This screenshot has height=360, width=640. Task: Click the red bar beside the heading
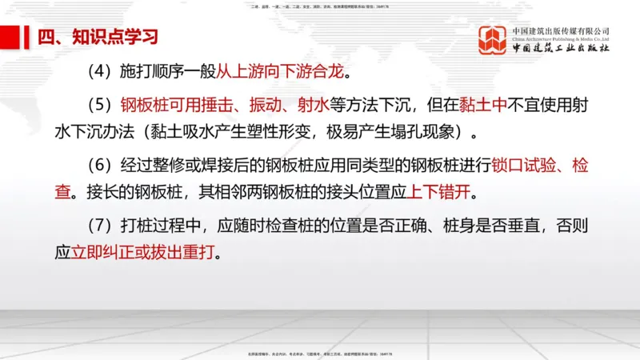10,37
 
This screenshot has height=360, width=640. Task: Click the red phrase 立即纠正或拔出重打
144,252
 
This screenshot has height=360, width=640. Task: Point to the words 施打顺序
155,71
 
